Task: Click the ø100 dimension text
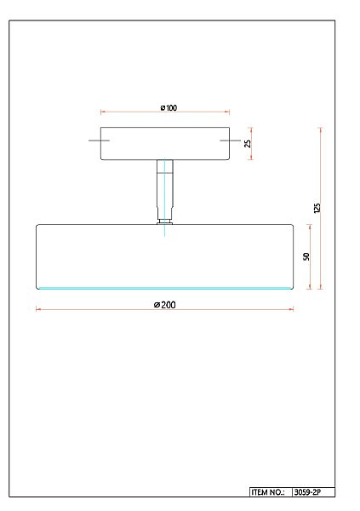point(168,108)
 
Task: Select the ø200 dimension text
point(165,305)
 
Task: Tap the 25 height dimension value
point(248,143)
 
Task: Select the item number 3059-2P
point(307,492)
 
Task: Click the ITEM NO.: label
point(269,492)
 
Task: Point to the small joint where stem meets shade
point(164,222)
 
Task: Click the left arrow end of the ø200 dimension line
point(37,310)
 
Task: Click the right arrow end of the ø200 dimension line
point(293,310)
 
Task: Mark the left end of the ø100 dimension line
point(101,112)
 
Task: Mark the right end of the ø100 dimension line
point(229,112)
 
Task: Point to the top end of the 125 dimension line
point(321,129)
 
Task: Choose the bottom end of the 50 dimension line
point(310,289)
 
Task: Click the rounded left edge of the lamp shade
point(37,255)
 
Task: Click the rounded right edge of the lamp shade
point(293,255)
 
